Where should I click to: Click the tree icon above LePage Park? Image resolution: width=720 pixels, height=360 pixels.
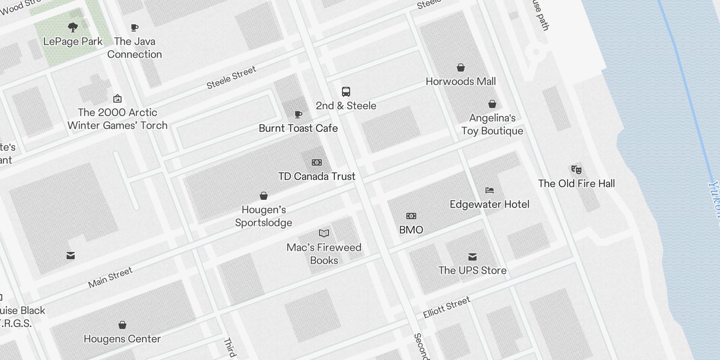(x=72, y=27)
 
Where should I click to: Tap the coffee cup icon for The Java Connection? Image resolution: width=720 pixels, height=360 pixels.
(x=134, y=28)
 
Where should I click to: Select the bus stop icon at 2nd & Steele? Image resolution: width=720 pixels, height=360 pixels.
(x=346, y=92)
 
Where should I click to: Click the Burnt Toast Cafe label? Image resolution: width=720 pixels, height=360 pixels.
(x=298, y=128)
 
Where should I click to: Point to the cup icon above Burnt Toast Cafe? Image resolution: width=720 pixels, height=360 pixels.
(x=298, y=114)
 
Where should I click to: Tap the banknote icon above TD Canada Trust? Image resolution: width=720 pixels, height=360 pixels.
(x=317, y=162)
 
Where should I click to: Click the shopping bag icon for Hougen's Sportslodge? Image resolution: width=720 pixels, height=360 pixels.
(x=264, y=196)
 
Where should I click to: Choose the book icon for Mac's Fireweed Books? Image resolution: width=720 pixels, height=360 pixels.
(x=324, y=233)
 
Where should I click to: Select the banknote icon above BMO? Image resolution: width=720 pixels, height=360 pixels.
(x=411, y=216)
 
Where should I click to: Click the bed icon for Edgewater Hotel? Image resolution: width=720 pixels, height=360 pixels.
(x=490, y=190)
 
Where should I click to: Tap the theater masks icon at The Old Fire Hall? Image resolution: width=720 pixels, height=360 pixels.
(x=576, y=169)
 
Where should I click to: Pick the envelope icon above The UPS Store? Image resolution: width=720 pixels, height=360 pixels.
(x=472, y=256)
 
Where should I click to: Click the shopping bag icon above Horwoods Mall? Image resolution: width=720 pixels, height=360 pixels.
(x=461, y=67)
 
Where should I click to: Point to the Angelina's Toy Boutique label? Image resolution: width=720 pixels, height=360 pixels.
(x=492, y=124)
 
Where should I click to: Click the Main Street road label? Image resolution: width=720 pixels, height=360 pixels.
(x=110, y=277)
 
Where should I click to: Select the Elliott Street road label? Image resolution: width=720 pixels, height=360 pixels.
(x=446, y=307)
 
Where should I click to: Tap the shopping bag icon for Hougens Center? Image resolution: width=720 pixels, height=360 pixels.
(x=122, y=325)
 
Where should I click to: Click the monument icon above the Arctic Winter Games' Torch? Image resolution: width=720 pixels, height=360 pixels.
(x=117, y=99)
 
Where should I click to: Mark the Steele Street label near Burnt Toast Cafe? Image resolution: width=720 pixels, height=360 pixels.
(x=231, y=77)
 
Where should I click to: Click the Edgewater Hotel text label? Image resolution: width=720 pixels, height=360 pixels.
(x=490, y=204)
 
